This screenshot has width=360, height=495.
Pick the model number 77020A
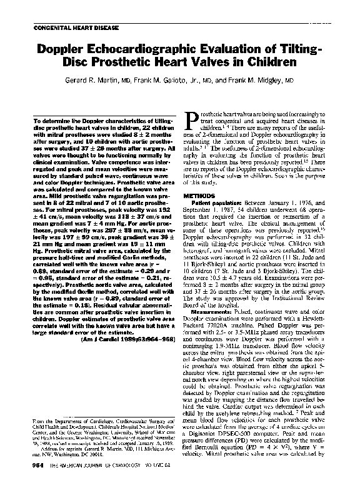coord(221,326)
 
